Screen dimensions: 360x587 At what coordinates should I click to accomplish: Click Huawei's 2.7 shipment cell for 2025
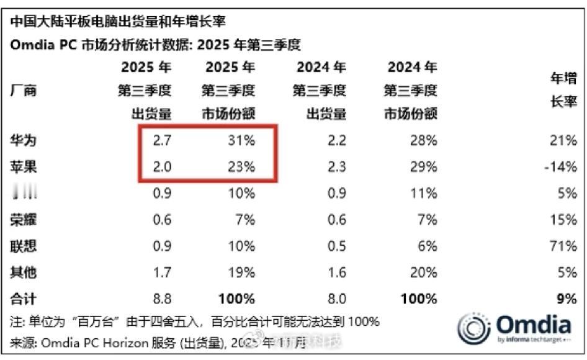click(161, 141)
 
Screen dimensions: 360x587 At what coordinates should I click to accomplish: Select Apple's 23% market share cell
click(242, 168)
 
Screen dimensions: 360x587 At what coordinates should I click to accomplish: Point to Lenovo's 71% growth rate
click(565, 246)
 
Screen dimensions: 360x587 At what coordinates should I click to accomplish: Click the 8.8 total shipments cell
click(161, 299)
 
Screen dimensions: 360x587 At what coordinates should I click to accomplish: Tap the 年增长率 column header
click(564, 91)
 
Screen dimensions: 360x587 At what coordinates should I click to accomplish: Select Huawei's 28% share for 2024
click(424, 141)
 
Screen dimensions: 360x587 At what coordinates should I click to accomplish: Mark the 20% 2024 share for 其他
click(424, 272)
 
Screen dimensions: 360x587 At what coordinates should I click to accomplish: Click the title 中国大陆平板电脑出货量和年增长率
click(117, 22)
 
